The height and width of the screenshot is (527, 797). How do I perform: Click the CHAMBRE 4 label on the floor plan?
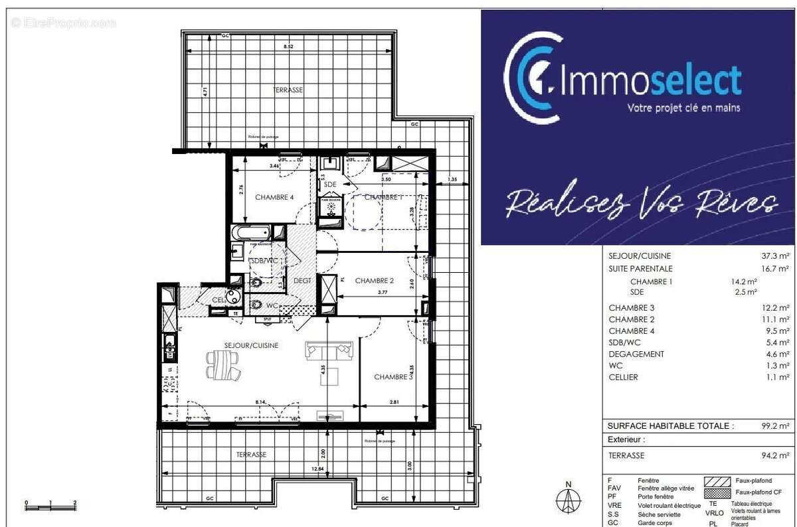pyautogui.click(x=274, y=197)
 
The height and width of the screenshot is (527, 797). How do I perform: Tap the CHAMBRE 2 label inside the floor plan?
pyautogui.click(x=375, y=281)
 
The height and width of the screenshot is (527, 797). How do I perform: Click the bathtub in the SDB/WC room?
pyautogui.click(x=251, y=233)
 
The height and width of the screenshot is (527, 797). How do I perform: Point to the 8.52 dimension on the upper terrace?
pyautogui.click(x=288, y=47)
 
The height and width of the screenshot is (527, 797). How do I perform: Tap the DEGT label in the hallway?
pyautogui.click(x=303, y=281)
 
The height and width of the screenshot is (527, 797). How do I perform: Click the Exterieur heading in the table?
pyautogui.click(x=626, y=440)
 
